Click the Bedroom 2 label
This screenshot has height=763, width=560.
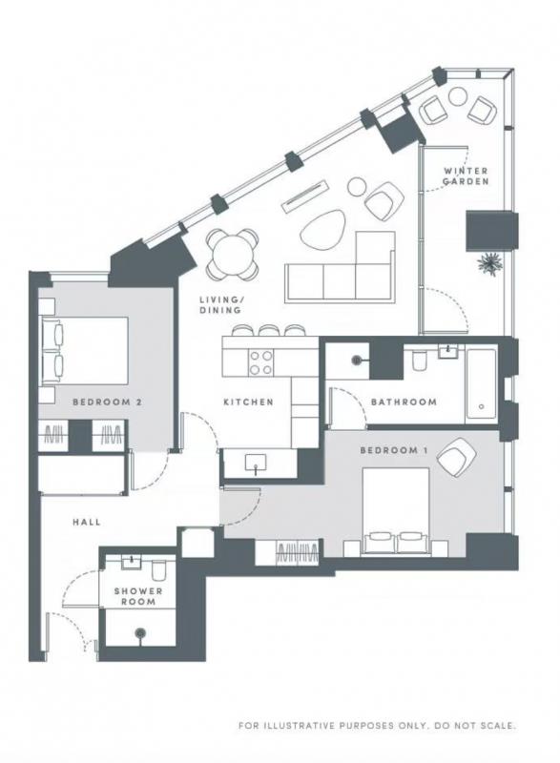[x=107, y=402]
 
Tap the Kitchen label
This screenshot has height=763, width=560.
[x=248, y=402]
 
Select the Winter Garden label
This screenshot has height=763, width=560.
[x=466, y=176]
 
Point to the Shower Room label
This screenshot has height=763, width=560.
[x=138, y=597]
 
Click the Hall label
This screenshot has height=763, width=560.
[x=87, y=522]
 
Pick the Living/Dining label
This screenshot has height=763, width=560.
[x=220, y=304]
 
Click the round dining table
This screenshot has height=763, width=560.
[x=232, y=254]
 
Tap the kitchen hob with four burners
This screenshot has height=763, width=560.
[x=260, y=363]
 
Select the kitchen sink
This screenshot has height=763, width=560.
[x=256, y=464]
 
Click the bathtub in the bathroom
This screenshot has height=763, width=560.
[x=481, y=384]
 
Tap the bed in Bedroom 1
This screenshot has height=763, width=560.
[x=395, y=510]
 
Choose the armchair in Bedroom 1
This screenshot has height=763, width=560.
[x=456, y=458]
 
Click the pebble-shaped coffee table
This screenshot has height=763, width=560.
[x=322, y=230]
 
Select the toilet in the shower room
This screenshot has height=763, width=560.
[x=158, y=569]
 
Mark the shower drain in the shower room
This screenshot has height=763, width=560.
[x=140, y=633]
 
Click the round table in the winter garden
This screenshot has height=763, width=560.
[x=458, y=96]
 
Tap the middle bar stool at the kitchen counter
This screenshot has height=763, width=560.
[x=268, y=330]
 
